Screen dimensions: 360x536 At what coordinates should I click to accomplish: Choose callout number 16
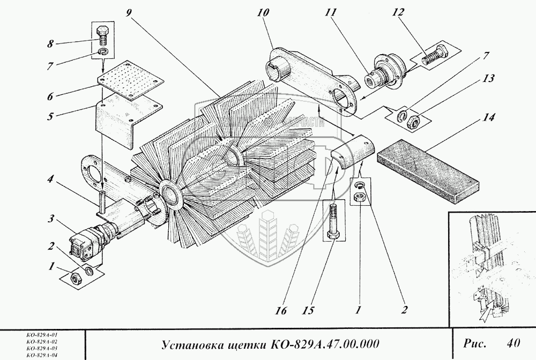[x=281, y=311]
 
